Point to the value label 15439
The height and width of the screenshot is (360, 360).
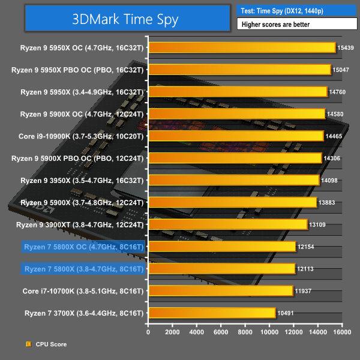[346, 47]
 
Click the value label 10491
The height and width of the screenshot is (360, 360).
[285, 313]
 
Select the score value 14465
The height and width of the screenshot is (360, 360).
[334, 136]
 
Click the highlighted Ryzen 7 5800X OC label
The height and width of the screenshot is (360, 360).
[83, 246]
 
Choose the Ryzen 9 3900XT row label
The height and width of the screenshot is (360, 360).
[82, 224]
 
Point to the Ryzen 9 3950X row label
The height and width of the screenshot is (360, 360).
[82, 180]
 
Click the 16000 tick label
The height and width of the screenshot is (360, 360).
[342, 332]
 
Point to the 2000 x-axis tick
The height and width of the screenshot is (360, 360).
[172, 332]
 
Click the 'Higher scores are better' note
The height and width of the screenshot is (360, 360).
[296, 25]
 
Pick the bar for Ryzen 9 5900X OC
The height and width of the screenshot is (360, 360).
[236, 113]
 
